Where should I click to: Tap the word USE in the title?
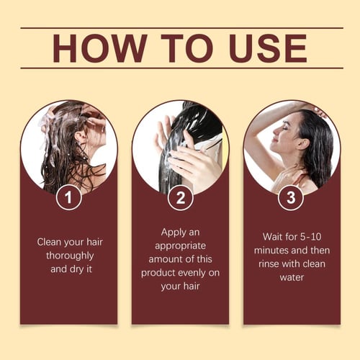(x=267, y=48)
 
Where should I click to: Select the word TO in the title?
(x=187, y=48)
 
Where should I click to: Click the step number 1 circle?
(x=69, y=197)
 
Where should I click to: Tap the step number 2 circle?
(x=181, y=198)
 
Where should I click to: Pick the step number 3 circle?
(x=291, y=198)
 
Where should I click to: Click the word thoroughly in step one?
(x=70, y=256)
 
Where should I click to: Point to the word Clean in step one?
(x=49, y=242)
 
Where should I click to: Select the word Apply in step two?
(x=173, y=233)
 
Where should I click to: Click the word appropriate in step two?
(x=180, y=246)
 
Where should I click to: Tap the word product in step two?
(x=158, y=273)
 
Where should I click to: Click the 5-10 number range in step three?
(x=310, y=237)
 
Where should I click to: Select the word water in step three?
(x=292, y=278)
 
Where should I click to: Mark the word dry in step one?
(x=76, y=270)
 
